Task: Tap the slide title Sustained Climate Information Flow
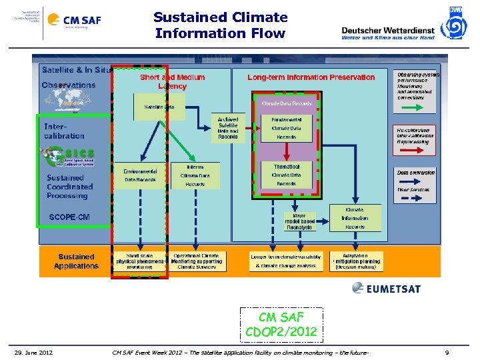coord(220,25)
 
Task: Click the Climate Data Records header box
coord(286,103)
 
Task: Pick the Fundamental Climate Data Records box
coord(286,128)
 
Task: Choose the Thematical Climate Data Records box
coord(286,175)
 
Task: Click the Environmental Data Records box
coord(140,175)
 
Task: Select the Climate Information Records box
coord(355,218)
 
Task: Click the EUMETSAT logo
coord(387,288)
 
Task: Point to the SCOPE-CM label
coord(69,217)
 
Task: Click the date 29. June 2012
coord(34,352)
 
